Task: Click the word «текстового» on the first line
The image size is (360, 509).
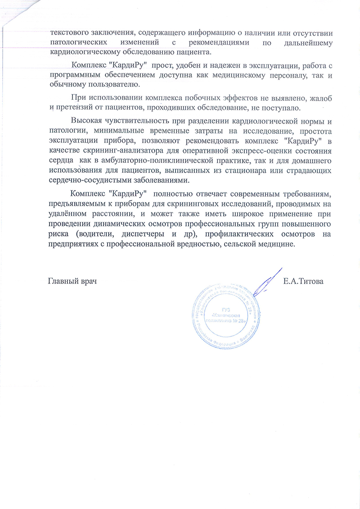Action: pyautogui.click(x=70, y=32)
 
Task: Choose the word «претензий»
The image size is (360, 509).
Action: pyautogui.click(x=71, y=108)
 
